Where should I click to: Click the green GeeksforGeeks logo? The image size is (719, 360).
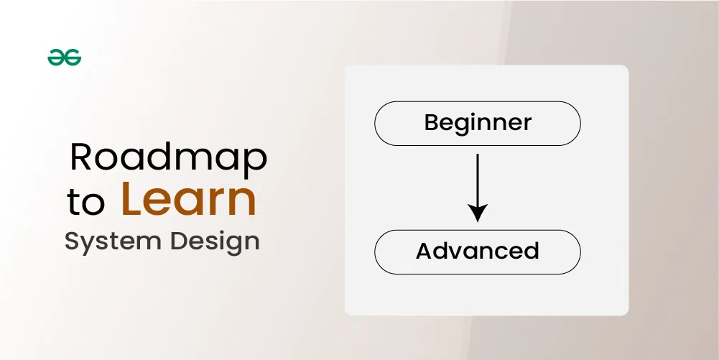click(x=65, y=58)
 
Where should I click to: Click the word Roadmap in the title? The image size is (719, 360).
click(x=168, y=158)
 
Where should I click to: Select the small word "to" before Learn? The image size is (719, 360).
click(x=86, y=203)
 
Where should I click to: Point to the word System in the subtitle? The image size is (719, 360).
click(x=111, y=241)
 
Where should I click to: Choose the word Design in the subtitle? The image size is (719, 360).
click(x=214, y=241)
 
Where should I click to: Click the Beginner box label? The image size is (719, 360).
click(x=478, y=122)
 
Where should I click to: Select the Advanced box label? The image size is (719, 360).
click(x=478, y=251)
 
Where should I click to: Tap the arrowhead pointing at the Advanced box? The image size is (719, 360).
click(x=478, y=213)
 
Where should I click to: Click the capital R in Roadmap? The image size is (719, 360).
click(x=81, y=157)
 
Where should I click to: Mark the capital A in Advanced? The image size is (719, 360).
click(x=425, y=251)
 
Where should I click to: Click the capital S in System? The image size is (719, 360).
click(x=71, y=241)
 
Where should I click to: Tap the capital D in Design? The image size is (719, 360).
click(x=177, y=241)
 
